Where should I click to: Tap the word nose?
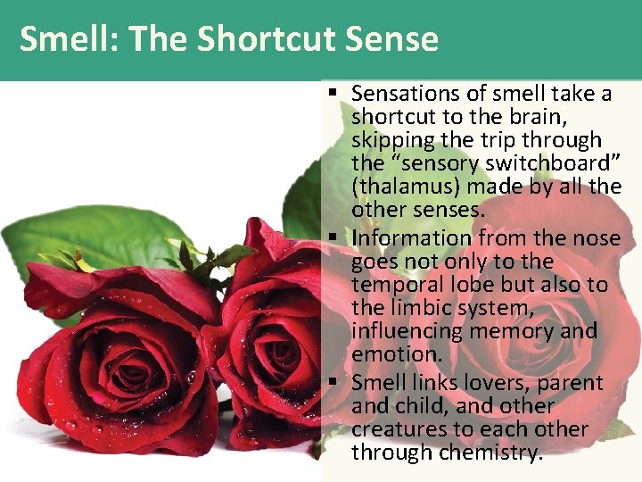pyautogui.click(x=597, y=238)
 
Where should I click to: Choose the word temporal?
pyautogui.click(x=398, y=285)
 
